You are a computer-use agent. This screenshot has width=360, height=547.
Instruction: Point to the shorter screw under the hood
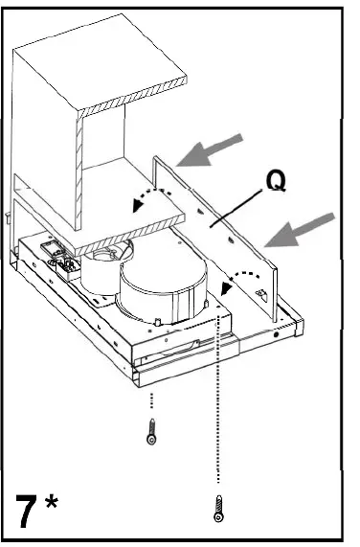tap(152, 434)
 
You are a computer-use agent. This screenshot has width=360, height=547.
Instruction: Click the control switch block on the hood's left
tap(56, 256)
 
